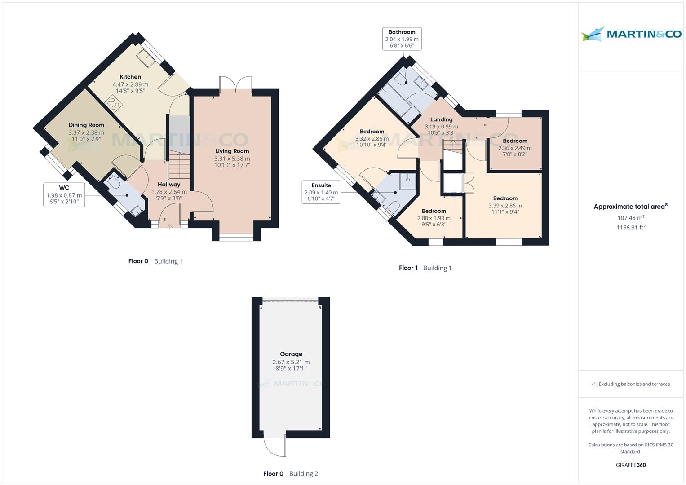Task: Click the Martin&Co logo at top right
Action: click(x=631, y=34)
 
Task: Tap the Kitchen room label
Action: click(x=130, y=77)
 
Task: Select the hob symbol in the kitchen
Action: click(x=114, y=105)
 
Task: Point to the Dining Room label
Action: click(x=86, y=125)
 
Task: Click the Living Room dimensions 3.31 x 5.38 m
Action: click(x=232, y=159)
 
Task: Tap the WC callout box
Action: click(x=64, y=194)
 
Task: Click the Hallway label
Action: click(x=169, y=184)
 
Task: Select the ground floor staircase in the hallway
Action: click(x=179, y=165)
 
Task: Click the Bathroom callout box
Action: click(x=402, y=39)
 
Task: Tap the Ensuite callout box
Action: click(x=321, y=192)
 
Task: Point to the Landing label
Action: click(x=441, y=119)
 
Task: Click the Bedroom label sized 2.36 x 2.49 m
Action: click(x=515, y=141)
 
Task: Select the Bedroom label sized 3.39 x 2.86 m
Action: click(x=505, y=198)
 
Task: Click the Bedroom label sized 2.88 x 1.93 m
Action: click(x=434, y=211)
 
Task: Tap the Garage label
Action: click(x=291, y=354)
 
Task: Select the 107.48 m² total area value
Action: click(x=631, y=218)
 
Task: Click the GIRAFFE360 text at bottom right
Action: click(x=630, y=465)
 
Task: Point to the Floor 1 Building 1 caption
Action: click(x=425, y=268)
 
